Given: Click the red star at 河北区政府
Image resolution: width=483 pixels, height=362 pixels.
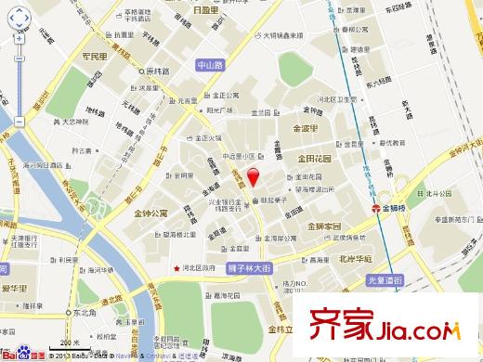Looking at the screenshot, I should tap(176, 269).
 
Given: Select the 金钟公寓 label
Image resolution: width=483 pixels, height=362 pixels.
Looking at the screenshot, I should tap(150, 213).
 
